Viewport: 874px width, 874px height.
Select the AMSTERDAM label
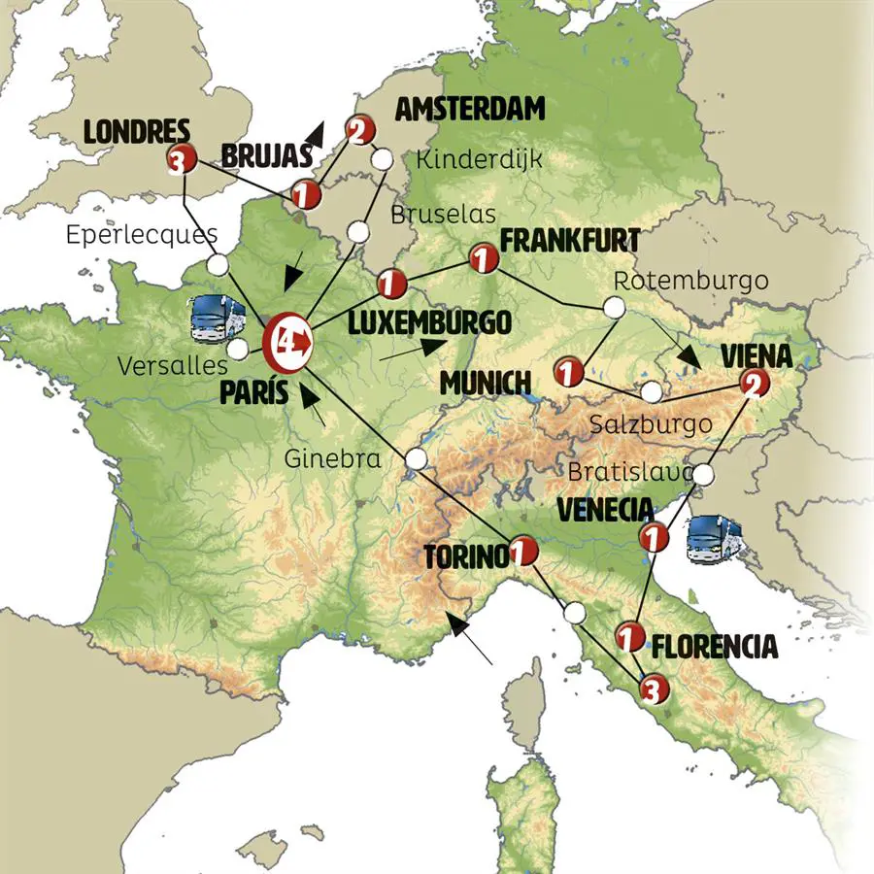click(x=470, y=109)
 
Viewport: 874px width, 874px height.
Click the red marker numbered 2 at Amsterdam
click(x=358, y=129)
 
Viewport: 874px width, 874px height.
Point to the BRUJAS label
click(x=266, y=155)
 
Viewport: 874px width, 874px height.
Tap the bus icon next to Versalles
click(x=216, y=319)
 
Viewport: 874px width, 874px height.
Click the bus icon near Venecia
click(x=714, y=541)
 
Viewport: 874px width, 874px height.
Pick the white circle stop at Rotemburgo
click(x=614, y=308)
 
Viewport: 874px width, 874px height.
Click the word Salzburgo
click(x=651, y=424)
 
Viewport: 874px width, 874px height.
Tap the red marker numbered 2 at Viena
click(x=753, y=385)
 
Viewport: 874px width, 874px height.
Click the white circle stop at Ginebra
click(x=417, y=458)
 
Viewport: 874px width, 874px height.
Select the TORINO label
click(x=465, y=557)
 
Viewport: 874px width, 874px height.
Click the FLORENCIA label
click(x=715, y=646)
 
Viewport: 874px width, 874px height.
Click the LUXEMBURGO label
click(x=429, y=321)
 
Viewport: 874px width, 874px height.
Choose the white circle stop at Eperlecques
click(x=219, y=263)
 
